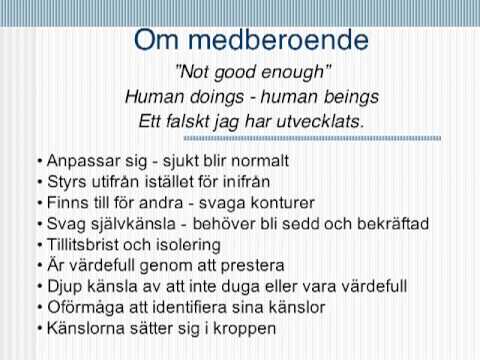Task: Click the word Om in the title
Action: (160, 40)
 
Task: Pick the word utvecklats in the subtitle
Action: (323, 121)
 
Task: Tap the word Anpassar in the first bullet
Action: (79, 160)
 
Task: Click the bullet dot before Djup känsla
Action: (37, 287)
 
